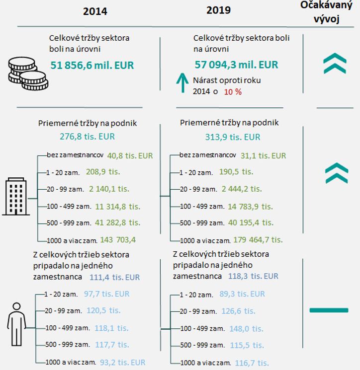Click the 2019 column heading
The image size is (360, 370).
click(219, 10)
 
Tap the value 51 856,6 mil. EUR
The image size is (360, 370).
click(92, 65)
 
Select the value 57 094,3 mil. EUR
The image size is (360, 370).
click(236, 65)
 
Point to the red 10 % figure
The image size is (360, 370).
click(232, 92)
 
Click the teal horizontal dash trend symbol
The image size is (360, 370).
click(329, 310)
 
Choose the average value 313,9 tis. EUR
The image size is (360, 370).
click(226, 137)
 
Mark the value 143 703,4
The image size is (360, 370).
click(118, 239)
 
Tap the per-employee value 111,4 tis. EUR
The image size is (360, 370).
click(115, 277)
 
